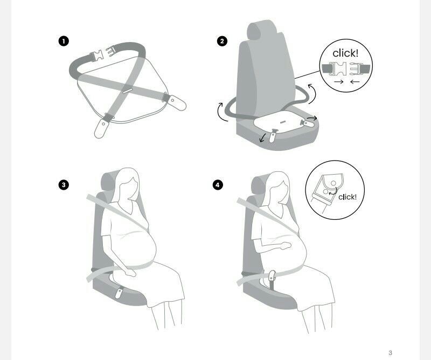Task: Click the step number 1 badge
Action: pos(64,41)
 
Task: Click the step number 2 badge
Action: pos(222,41)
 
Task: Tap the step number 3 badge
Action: pos(64,184)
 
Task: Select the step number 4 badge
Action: pos(218,184)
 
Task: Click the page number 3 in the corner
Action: pos(390,352)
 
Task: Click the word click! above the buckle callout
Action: pos(345,53)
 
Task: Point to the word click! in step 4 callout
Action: pos(347,197)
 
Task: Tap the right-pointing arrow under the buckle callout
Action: pos(339,82)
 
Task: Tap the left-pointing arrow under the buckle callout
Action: pos(355,82)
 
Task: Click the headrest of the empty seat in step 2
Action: pos(258,30)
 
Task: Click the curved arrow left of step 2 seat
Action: pos(221,112)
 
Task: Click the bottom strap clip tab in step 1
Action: pos(101,128)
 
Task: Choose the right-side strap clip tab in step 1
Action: pos(177,103)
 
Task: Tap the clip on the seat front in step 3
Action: pos(119,292)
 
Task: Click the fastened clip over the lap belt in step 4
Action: pos(272,276)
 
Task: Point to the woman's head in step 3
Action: pos(127,184)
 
